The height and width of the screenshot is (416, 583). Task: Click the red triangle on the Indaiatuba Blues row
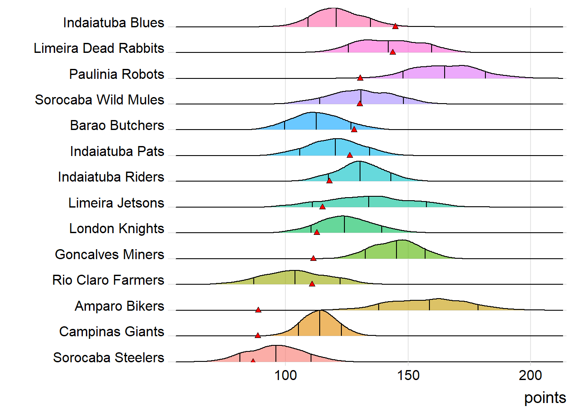click(x=395, y=26)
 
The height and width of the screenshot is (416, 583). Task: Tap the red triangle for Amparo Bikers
click(x=258, y=310)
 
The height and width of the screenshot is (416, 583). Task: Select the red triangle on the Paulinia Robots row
click(x=360, y=78)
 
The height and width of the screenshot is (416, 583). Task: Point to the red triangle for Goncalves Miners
click(x=313, y=258)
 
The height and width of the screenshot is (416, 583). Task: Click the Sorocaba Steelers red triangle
click(x=253, y=361)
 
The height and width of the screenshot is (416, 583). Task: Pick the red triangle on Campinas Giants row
click(x=258, y=335)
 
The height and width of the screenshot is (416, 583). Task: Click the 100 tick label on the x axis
click(x=285, y=375)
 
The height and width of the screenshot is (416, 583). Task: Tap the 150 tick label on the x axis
click(x=408, y=375)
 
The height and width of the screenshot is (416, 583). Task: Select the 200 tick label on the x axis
click(x=530, y=375)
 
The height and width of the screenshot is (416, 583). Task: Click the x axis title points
click(x=545, y=398)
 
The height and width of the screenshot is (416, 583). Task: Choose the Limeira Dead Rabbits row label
click(x=99, y=48)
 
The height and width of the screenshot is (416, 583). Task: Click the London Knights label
click(x=117, y=228)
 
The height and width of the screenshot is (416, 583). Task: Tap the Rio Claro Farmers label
click(x=108, y=280)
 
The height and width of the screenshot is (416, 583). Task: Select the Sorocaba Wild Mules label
click(x=99, y=100)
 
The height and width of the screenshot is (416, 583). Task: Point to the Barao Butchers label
click(x=117, y=125)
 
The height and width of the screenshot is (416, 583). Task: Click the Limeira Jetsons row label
click(x=116, y=203)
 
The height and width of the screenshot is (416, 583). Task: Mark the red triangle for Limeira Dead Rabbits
click(x=393, y=52)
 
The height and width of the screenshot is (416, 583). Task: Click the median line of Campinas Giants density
click(x=320, y=323)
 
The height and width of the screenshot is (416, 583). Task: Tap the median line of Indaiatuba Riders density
click(x=360, y=172)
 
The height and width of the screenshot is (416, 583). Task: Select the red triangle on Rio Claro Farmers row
click(x=312, y=284)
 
